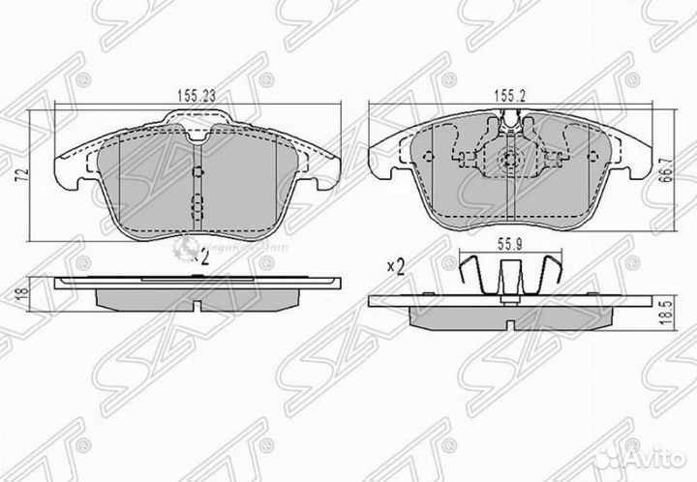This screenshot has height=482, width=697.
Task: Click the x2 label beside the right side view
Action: point(395,266)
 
